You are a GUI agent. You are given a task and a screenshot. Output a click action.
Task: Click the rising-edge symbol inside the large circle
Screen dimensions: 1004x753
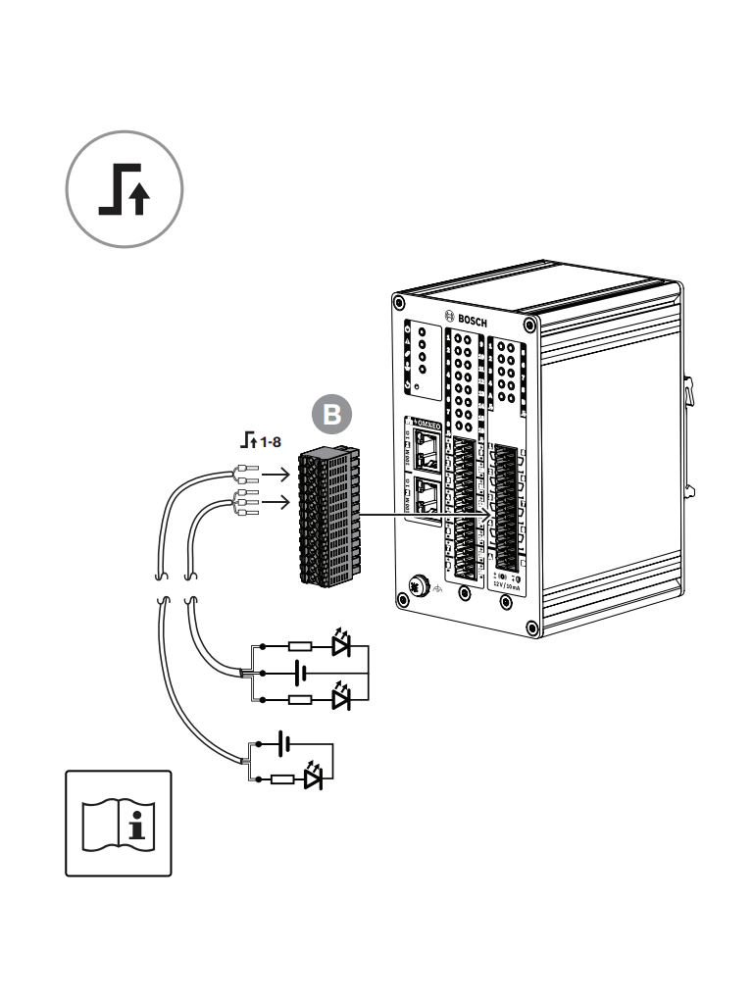click(125, 189)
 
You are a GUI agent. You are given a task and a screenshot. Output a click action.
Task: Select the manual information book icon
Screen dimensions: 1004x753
click(118, 823)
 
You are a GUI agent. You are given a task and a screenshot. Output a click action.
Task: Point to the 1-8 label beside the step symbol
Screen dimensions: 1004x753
click(270, 442)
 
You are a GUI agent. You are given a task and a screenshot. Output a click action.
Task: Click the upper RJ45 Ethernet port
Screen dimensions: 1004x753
click(427, 449)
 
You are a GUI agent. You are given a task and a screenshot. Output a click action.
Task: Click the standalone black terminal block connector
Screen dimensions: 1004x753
click(328, 516)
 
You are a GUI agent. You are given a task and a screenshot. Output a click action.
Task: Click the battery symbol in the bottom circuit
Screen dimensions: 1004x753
click(283, 744)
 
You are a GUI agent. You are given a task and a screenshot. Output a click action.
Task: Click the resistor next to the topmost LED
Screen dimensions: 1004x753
click(300, 647)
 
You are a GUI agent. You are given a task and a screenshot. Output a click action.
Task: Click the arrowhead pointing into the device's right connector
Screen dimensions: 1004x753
click(485, 517)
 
